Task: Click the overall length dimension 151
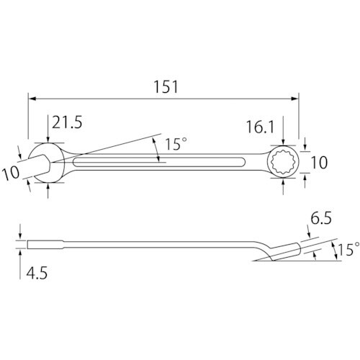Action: pos(166,87)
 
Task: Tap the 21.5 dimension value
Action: pos(67,122)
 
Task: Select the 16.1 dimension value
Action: pos(260,127)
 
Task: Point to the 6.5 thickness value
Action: pos(321,218)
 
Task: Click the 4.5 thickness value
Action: pos(37,273)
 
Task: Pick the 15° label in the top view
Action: pos(176,144)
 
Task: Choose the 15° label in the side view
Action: pos(348,249)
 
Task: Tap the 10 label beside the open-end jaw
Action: pos(11,173)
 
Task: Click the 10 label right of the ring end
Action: pos(319,163)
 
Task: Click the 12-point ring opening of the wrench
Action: pos(284,162)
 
